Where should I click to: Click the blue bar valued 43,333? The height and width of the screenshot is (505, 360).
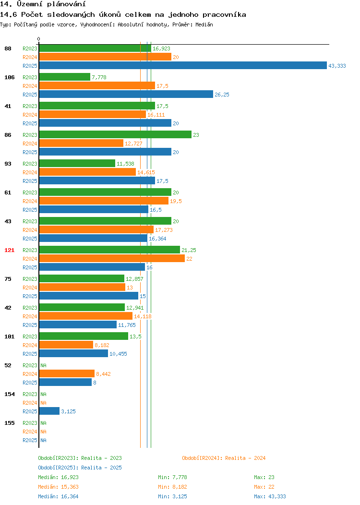coord(183,65)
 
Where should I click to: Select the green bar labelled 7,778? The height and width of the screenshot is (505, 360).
coord(65,77)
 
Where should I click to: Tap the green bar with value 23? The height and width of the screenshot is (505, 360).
coord(115,134)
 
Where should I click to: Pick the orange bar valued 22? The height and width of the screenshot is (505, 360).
coord(112,258)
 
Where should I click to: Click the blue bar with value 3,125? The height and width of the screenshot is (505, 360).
coord(49,411)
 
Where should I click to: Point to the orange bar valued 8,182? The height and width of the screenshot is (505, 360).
coord(66,345)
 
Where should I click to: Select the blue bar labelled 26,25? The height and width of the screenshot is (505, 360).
coord(126,94)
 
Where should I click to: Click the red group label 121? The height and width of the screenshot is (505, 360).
coord(9,250)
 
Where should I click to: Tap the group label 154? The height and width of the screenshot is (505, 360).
coord(9,394)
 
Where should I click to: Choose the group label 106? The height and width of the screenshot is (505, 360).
coord(9,77)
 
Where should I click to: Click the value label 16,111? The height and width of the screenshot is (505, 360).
coord(156,115)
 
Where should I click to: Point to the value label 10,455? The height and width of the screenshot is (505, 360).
coord(118,354)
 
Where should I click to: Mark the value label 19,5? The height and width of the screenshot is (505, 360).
coord(176,201)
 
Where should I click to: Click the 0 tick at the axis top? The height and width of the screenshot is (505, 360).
coord(39,39)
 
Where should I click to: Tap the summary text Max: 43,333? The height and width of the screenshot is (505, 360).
coord(270,496)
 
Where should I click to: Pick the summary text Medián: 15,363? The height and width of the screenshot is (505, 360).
coord(58,487)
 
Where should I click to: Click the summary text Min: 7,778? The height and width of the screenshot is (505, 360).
coord(172,477)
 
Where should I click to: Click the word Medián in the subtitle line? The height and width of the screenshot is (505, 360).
coord(204,24)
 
